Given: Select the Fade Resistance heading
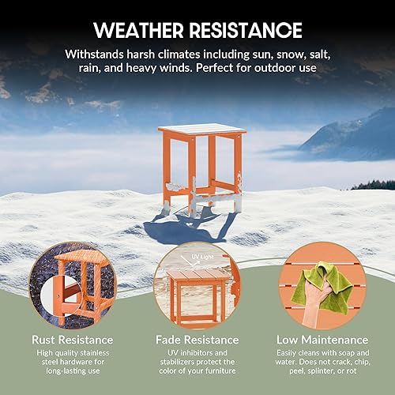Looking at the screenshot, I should [x=197, y=340].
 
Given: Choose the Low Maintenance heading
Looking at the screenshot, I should [x=320, y=340].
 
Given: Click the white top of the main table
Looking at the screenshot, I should [x=202, y=129].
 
